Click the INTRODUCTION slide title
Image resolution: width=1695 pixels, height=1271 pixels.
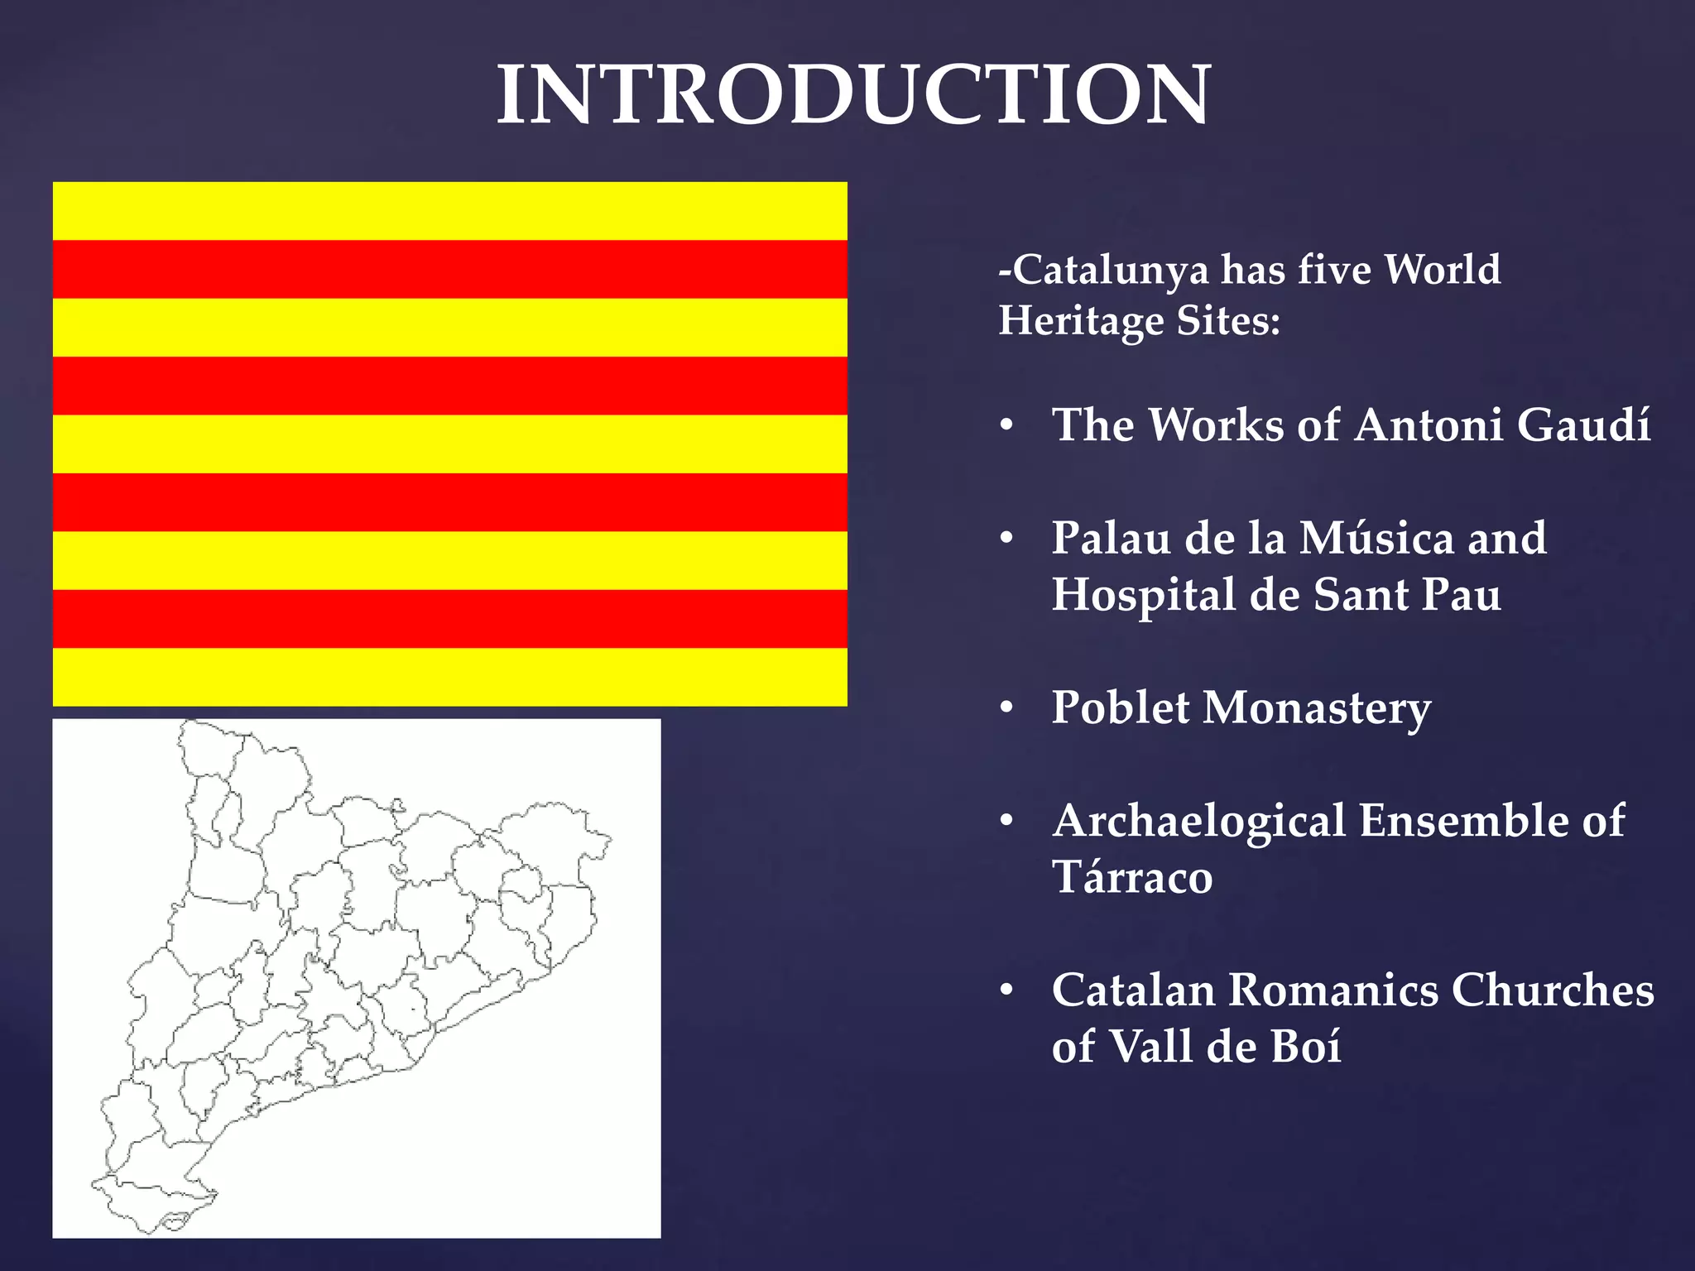click(x=853, y=96)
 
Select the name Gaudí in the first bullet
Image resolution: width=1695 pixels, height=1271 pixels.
click(x=1583, y=425)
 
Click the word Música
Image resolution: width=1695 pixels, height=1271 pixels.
click(x=1376, y=538)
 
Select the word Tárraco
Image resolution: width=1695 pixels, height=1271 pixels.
click(x=1131, y=877)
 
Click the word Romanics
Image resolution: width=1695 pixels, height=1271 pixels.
click(x=1332, y=990)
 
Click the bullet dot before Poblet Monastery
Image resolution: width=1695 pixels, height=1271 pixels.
click(x=1006, y=709)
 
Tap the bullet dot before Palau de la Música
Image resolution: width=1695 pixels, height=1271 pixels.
click(x=1006, y=540)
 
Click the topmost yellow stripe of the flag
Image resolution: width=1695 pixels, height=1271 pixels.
click(x=449, y=211)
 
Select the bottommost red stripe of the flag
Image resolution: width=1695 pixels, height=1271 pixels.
click(x=449, y=618)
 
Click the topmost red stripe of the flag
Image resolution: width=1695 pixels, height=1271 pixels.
click(x=449, y=269)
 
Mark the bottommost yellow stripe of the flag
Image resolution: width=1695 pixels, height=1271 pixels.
click(x=449, y=677)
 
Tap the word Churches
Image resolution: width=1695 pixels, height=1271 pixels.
click(x=1552, y=990)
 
